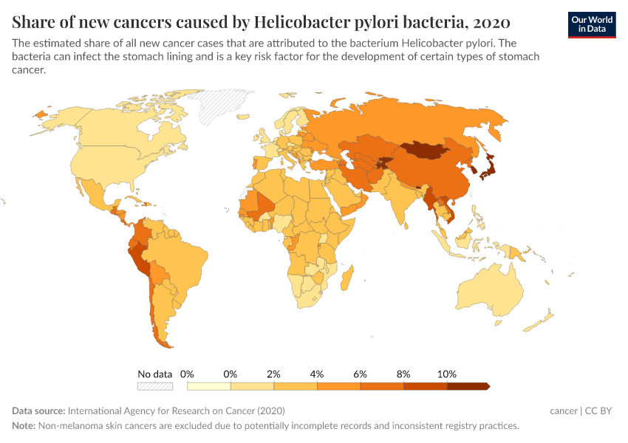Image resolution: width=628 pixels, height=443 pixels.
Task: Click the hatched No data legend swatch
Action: point(155,385)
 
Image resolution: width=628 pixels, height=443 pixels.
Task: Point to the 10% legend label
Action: point(447,374)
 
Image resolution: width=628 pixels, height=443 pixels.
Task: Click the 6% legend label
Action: point(361,374)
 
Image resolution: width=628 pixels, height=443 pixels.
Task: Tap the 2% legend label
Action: point(274,374)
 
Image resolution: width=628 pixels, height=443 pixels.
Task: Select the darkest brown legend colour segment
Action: point(468,385)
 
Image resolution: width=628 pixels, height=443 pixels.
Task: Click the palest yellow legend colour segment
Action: point(209,385)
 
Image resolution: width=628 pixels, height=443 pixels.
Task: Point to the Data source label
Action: point(38,411)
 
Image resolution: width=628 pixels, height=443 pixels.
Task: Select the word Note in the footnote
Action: point(24,426)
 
